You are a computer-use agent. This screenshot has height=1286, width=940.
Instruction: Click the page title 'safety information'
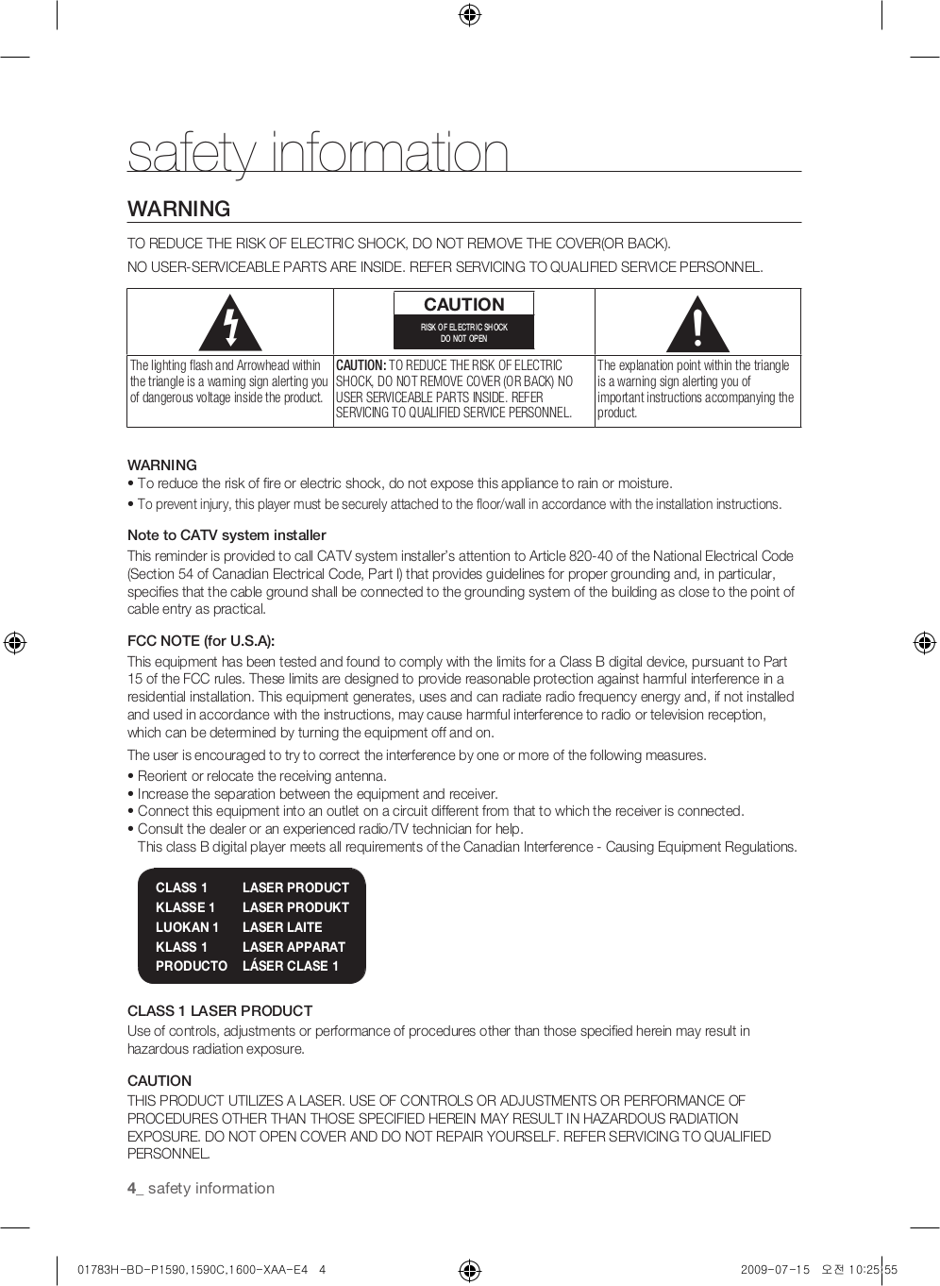click(318, 153)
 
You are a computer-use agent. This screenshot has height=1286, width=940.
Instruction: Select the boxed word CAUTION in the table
click(463, 304)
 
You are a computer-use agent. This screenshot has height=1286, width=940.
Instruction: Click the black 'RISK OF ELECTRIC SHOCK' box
click(463, 332)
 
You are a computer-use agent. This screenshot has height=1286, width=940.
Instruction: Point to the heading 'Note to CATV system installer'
click(227, 535)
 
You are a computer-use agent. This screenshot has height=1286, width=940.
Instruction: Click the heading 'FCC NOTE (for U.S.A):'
click(201, 641)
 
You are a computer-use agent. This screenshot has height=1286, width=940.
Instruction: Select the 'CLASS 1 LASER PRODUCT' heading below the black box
click(220, 1010)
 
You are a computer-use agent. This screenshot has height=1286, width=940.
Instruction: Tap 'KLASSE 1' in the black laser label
click(185, 907)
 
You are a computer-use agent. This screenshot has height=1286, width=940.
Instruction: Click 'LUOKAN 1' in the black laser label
click(187, 927)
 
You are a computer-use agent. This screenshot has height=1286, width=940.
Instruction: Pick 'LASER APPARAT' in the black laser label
click(294, 947)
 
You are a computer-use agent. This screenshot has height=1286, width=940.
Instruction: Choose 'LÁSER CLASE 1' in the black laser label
click(290, 966)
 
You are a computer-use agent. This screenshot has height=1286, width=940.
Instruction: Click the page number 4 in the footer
click(131, 1189)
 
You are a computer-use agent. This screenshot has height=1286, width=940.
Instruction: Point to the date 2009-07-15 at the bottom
click(775, 1270)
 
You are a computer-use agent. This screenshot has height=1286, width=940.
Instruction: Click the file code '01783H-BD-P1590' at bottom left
click(127, 1270)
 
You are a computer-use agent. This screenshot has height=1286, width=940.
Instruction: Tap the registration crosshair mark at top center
click(469, 14)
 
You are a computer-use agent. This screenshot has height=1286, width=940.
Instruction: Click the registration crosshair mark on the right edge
click(924, 643)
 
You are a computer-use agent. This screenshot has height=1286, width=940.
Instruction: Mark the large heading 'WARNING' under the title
click(179, 209)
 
